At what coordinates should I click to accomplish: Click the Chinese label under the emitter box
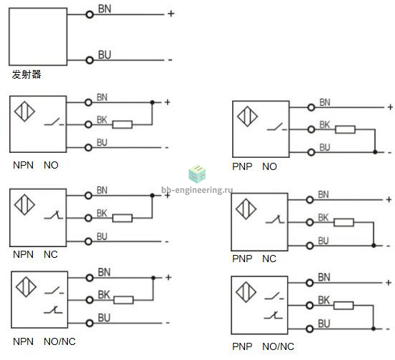pos(26,74)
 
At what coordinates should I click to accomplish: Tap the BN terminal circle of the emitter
pos(89,14)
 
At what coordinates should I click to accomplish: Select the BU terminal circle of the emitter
pos(89,60)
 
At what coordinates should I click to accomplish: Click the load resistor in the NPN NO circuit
pos(122,124)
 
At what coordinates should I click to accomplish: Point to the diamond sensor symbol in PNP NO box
pos(247,116)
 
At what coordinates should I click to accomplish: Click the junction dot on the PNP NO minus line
pos(375,152)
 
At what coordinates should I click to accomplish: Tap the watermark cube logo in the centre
pos(197,174)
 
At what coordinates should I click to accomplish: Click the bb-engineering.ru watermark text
pos(197,190)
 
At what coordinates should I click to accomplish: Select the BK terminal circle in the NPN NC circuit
pos(88,218)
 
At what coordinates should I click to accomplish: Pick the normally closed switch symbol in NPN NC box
pos(54,215)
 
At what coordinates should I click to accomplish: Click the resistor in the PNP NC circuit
pos(344,222)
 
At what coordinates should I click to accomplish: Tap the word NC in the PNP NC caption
pos(269,259)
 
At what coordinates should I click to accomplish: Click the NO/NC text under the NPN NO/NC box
pos(60,341)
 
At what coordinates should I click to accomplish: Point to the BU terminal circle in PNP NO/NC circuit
pos(309,329)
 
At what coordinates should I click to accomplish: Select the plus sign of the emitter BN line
pos(171,14)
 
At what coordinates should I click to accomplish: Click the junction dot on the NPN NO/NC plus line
pos(153,278)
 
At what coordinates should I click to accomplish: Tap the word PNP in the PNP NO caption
pos(242,166)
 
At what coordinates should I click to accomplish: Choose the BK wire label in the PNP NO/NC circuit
pos(324,300)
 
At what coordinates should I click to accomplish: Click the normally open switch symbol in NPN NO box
pos(54,122)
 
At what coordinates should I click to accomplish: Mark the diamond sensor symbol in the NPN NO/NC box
pos(26,286)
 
